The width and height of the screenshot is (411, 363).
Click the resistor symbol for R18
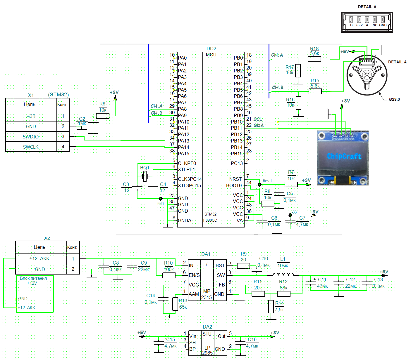(314, 59)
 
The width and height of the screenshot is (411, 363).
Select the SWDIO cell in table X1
(31, 137)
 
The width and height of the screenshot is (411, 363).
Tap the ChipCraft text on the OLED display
(344, 156)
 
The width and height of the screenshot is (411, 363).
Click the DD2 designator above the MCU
(211, 48)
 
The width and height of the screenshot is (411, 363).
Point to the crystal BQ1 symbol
(145, 176)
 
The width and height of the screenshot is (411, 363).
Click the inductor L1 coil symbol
(283, 274)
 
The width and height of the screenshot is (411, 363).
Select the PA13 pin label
(183, 141)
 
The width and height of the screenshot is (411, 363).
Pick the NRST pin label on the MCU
(235, 179)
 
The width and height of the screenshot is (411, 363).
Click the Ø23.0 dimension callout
(394, 99)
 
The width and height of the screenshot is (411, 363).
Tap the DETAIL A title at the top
(367, 7)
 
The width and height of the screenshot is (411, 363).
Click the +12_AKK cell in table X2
(39, 258)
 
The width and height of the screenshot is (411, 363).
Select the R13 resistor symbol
(175, 304)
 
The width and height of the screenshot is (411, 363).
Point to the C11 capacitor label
(322, 279)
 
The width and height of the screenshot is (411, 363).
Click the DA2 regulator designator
(207, 327)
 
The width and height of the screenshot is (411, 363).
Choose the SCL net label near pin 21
(258, 119)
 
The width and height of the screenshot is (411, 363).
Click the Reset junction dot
(259, 185)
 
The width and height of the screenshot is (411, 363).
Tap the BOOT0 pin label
(234, 185)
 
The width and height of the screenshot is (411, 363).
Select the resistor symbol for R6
(103, 116)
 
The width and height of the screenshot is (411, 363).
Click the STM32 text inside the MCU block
(210, 214)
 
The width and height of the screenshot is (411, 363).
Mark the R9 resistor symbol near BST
(243, 266)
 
